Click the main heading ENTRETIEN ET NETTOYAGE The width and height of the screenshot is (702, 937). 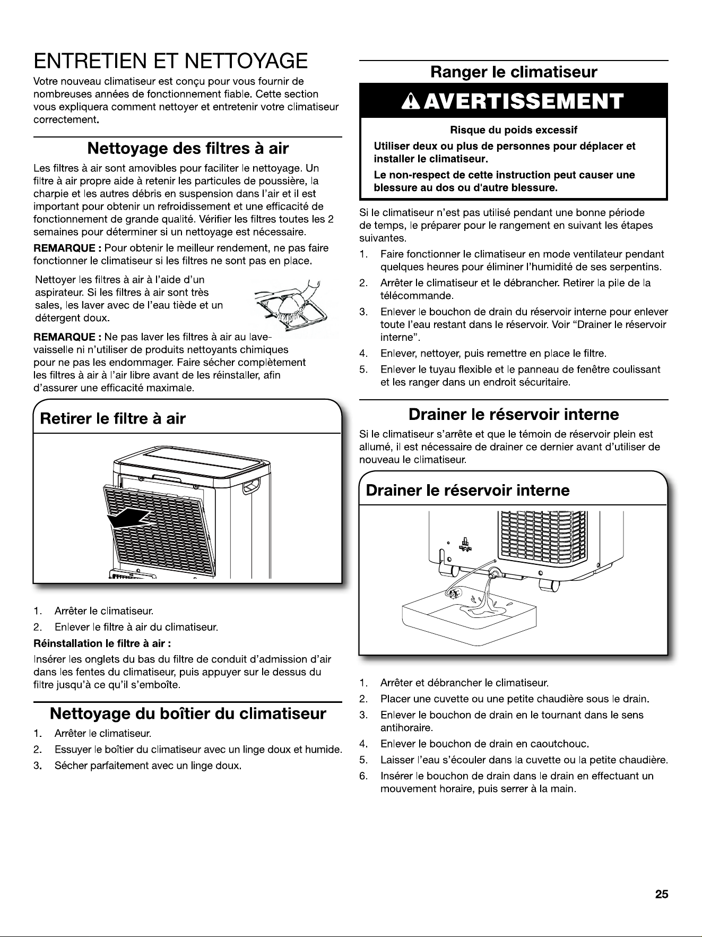tap(170, 61)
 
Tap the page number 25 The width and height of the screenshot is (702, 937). tap(661, 895)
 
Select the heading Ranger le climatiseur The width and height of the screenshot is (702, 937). tap(514, 72)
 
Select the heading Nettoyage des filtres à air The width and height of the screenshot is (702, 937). tap(188, 148)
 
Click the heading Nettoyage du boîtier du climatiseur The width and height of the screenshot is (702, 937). tap(188, 713)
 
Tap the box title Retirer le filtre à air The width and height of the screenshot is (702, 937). tap(112, 419)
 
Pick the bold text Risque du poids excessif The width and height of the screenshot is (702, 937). tap(514, 130)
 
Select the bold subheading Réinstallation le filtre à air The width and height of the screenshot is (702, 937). tap(102, 644)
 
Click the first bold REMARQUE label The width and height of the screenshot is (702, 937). tap(67, 248)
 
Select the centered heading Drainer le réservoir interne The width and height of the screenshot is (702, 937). tap(514, 414)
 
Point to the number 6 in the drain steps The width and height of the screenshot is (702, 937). tap(363, 776)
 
